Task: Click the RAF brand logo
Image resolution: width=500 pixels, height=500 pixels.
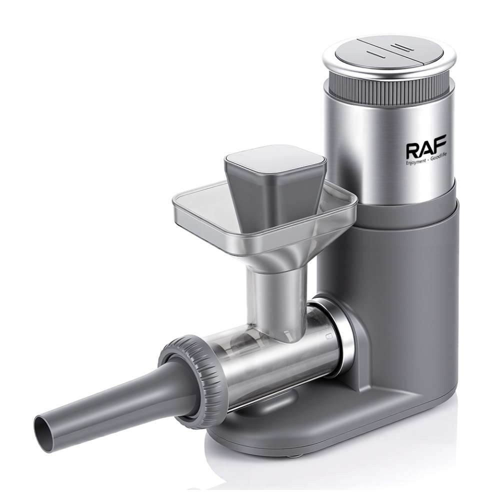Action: coord(426,147)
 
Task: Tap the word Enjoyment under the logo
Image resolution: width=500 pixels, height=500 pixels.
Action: coord(415,162)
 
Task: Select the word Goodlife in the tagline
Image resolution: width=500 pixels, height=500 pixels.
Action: coord(438,162)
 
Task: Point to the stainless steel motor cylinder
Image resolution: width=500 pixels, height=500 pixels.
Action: coord(389,143)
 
